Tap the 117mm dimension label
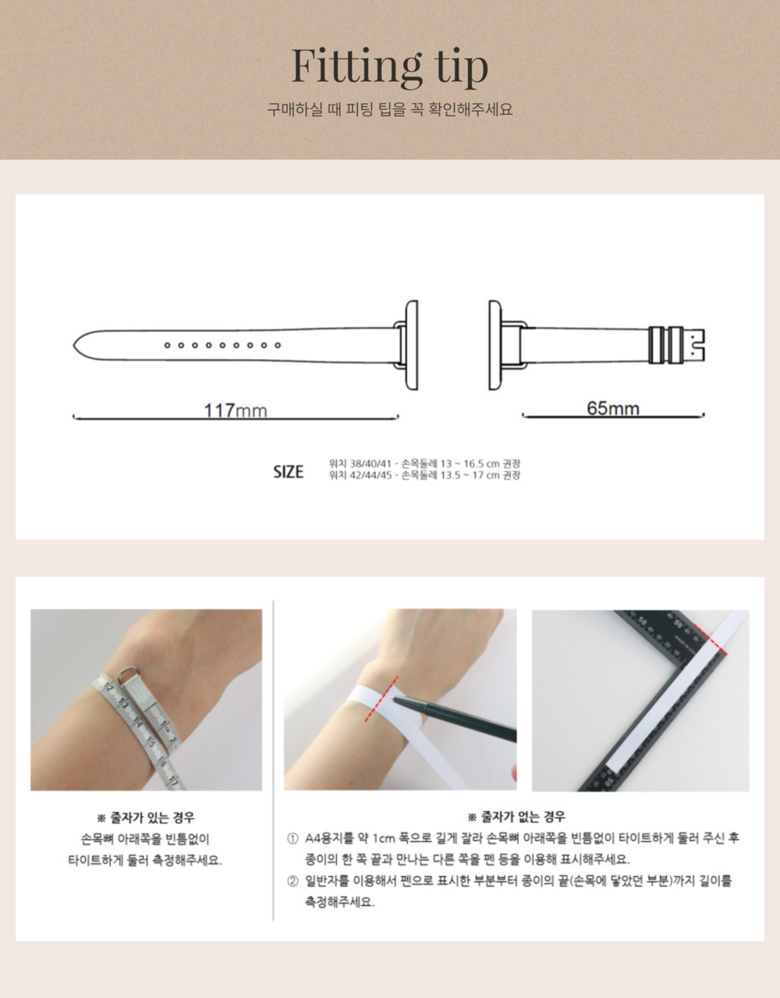(235, 410)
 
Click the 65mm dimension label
(613, 408)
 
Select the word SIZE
(289, 471)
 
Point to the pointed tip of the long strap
(74, 345)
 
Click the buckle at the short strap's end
(677, 345)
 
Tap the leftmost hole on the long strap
(168, 345)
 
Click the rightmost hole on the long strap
(278, 345)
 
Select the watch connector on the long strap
(406, 345)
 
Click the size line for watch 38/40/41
(424, 463)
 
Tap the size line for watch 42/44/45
(424, 475)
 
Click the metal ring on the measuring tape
(126, 675)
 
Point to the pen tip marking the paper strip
(391, 698)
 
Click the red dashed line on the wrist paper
(381, 699)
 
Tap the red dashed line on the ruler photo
(711, 639)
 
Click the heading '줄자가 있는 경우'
(146, 818)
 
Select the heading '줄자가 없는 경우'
(516, 817)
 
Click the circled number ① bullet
(292, 839)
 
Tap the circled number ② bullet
(292, 881)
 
